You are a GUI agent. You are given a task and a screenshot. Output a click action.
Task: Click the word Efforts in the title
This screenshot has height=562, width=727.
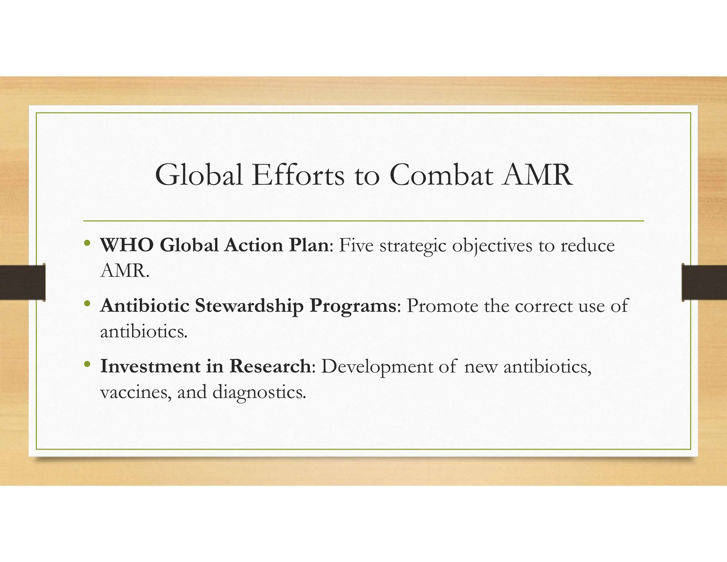pos(298,175)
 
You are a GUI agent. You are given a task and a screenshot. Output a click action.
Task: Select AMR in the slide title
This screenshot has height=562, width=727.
pos(537,175)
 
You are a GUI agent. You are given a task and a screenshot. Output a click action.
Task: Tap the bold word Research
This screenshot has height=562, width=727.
pos(270,366)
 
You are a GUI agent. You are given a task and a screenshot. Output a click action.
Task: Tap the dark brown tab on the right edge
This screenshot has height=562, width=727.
pos(704,282)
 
